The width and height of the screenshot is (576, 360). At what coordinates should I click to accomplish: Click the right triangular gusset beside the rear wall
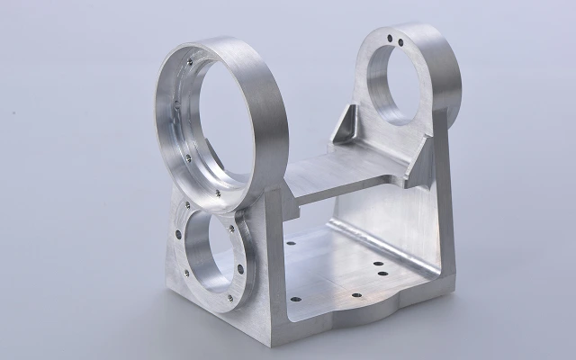pos(423,162)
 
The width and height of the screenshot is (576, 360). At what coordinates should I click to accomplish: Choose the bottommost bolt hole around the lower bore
pos(230,298)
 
